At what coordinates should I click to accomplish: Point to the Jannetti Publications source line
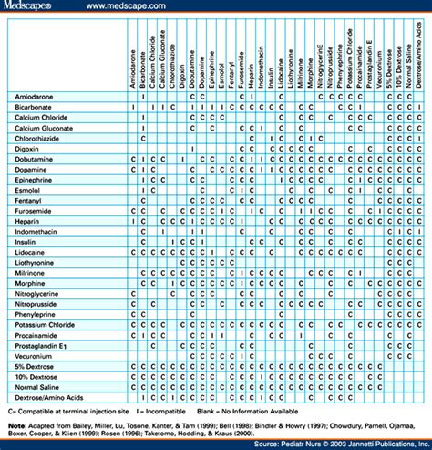[x=355, y=445]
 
